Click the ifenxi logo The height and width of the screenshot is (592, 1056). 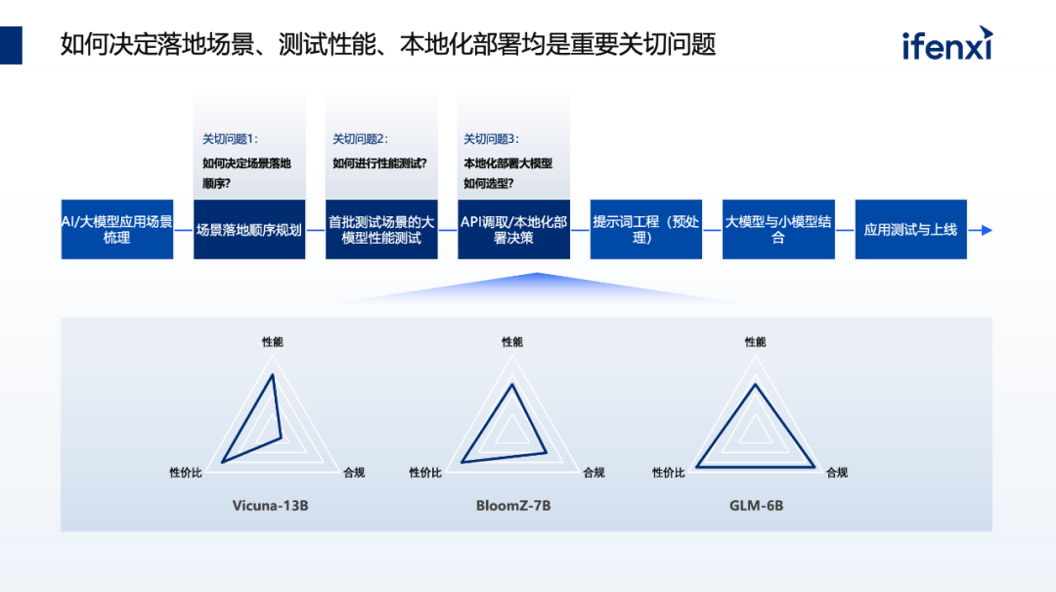[x=946, y=45]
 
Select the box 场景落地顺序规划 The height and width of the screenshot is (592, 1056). [x=249, y=231]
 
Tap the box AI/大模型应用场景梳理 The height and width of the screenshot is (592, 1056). [x=117, y=230]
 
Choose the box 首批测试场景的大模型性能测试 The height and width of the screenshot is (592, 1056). [x=381, y=230]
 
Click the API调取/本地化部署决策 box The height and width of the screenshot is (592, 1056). [x=513, y=230]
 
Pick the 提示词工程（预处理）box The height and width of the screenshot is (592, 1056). [x=645, y=230]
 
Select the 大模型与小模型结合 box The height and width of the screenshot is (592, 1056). [x=778, y=230]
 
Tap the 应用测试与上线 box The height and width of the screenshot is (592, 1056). [x=910, y=231]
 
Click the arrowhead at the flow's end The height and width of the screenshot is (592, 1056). [x=987, y=231]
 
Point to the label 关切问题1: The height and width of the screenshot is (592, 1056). [x=230, y=139]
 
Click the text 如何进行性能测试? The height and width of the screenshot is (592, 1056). [x=379, y=163]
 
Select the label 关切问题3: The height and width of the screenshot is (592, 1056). [x=491, y=139]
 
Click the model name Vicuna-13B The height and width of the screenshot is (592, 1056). [x=271, y=506]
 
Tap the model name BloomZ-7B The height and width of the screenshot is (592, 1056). [x=513, y=506]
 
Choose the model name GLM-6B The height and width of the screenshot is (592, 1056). [x=756, y=506]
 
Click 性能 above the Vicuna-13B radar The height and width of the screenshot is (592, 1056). [x=273, y=342]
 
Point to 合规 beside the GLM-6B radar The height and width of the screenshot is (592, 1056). [x=836, y=473]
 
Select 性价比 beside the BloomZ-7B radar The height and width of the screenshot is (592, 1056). [x=425, y=473]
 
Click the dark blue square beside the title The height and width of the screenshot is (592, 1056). [x=11, y=45]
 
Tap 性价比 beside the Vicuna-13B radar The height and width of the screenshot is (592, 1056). [x=186, y=473]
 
